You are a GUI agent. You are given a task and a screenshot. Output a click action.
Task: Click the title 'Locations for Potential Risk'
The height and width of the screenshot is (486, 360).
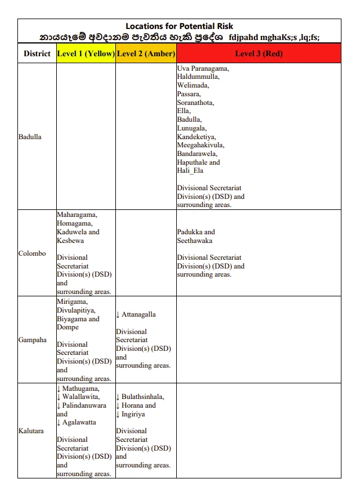[179, 26]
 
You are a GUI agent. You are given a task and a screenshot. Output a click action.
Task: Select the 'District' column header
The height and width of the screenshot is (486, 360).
[37, 54]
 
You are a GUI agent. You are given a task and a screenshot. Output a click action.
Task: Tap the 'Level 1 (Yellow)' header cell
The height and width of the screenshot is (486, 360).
[86, 54]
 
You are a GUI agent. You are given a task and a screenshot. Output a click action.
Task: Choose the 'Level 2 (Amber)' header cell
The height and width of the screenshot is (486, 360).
[146, 54]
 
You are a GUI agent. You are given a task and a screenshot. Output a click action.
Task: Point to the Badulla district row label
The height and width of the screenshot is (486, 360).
[30, 137]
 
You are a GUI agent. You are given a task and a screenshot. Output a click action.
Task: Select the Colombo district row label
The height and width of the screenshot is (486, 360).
[32, 253]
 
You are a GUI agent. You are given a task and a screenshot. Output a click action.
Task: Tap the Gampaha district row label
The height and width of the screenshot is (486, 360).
[32, 340]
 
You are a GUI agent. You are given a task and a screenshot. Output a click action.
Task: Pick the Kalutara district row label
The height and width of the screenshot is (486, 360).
[31, 431]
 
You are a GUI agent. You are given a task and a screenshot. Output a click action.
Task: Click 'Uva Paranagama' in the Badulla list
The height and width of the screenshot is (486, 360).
[202, 68]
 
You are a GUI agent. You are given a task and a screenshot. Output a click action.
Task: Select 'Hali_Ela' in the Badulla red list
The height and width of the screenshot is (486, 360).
[190, 171]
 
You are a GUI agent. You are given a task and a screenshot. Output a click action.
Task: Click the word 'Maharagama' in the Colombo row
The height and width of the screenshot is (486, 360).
[77, 215]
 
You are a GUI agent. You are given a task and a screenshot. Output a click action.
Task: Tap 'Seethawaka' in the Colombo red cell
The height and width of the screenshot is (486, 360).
[195, 241]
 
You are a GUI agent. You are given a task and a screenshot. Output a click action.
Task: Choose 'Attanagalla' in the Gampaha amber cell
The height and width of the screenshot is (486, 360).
[139, 314]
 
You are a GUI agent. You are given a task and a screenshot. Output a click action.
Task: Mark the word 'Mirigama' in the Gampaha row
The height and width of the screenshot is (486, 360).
[72, 302]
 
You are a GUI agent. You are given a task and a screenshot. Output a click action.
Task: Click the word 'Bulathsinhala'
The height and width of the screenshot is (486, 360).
[143, 397]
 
